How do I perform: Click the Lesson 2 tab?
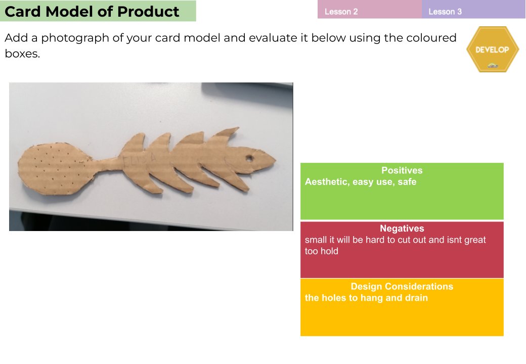(x=341, y=12)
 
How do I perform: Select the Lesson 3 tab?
(x=445, y=12)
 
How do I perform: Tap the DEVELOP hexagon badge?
(x=492, y=50)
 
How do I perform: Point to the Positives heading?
(x=402, y=171)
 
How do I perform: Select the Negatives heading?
(x=402, y=229)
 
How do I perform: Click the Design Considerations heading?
(x=402, y=287)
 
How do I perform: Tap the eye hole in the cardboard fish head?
(x=249, y=158)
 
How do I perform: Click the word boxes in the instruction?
(x=22, y=54)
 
